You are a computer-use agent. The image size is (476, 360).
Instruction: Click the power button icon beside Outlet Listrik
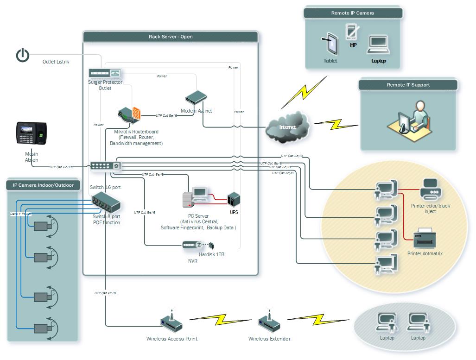(23, 55)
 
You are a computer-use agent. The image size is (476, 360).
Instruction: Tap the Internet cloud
(288, 126)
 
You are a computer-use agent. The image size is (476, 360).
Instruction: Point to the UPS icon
(234, 199)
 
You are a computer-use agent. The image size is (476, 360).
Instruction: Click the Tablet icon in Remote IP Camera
(330, 44)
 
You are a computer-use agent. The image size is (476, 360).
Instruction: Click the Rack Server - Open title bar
(171, 37)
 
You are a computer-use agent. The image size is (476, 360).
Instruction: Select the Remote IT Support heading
(408, 85)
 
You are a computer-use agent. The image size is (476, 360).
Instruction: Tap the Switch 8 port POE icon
(106, 203)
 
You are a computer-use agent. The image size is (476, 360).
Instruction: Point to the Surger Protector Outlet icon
(105, 73)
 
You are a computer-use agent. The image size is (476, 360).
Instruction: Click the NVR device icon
(192, 245)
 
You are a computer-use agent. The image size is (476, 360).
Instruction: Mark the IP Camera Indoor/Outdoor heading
(43, 185)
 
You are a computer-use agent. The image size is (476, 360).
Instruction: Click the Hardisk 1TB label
(211, 255)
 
